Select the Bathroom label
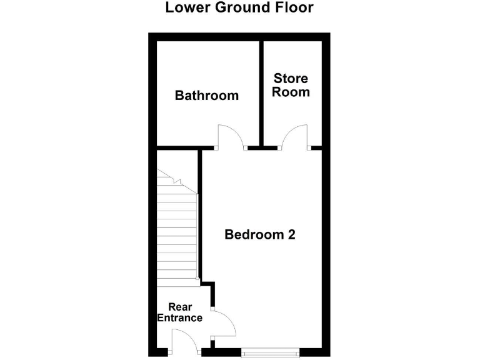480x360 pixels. click(206, 96)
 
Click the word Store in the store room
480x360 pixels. click(291, 79)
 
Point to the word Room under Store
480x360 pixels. click(291, 92)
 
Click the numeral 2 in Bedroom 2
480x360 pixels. click(290, 235)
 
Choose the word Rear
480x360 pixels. click(180, 307)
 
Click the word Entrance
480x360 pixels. click(179, 318)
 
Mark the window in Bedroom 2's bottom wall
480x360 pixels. click(269, 352)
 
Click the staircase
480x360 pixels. click(177, 237)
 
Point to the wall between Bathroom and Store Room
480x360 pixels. click(261, 94)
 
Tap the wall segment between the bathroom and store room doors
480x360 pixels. click(262, 149)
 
